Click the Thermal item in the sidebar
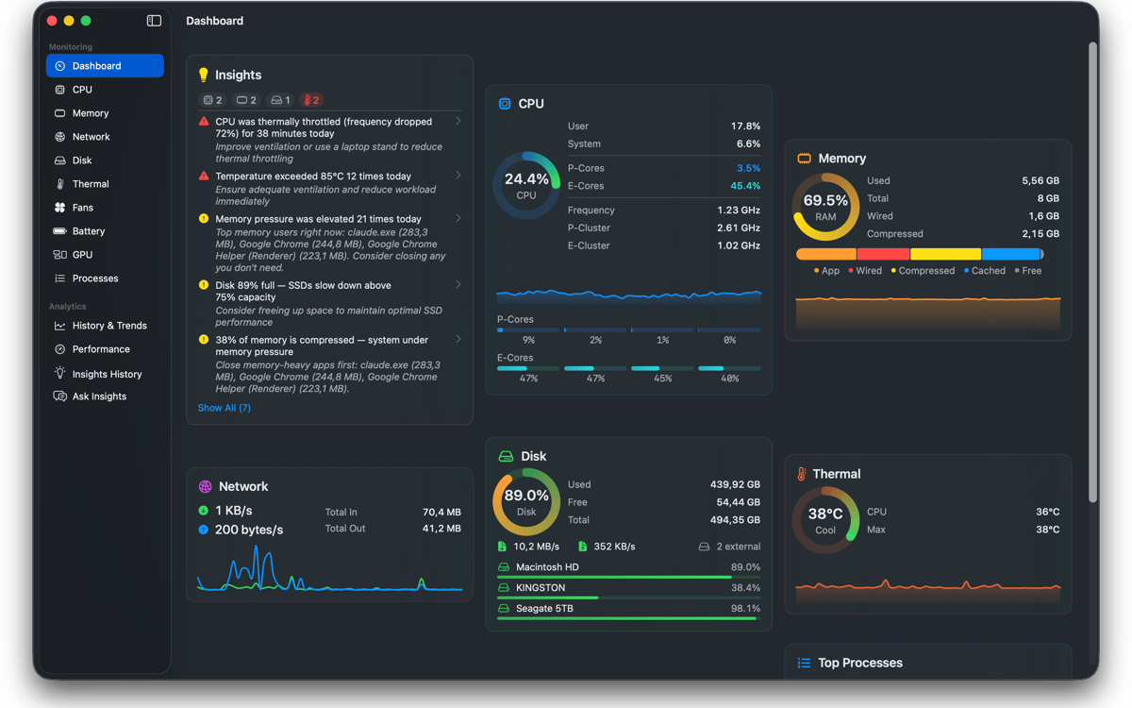(x=90, y=184)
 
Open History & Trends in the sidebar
(x=109, y=326)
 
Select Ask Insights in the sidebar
(x=99, y=396)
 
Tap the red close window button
(x=52, y=21)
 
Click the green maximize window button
(x=86, y=21)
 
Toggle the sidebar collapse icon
(x=154, y=21)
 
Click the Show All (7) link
(x=224, y=408)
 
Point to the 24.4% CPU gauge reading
(x=526, y=186)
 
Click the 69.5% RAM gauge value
(x=825, y=208)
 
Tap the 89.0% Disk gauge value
(x=526, y=502)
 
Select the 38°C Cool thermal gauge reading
(x=825, y=521)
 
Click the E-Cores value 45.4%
(x=745, y=186)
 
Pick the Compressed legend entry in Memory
(x=923, y=271)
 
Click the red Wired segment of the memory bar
(x=883, y=254)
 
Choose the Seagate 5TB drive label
(x=544, y=608)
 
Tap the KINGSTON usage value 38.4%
(x=745, y=587)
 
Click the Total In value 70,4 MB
(x=441, y=513)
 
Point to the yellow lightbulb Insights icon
(x=203, y=75)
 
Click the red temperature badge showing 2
(x=311, y=100)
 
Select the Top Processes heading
(x=860, y=663)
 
